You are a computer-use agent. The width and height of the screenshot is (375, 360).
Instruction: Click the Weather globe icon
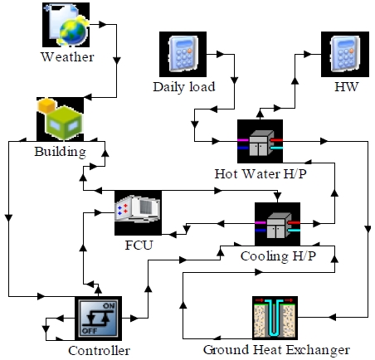point(66,25)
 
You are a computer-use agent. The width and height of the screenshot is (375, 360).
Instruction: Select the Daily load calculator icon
point(183,54)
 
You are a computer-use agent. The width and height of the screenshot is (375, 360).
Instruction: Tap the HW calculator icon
point(345,54)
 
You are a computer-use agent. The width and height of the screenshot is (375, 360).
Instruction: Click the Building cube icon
point(60,119)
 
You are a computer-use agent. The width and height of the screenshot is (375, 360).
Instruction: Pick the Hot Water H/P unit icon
point(260,141)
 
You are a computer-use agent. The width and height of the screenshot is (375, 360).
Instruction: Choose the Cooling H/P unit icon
point(277,224)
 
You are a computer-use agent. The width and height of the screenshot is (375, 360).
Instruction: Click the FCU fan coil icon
point(138,213)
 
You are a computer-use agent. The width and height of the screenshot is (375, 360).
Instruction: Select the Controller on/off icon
point(98,319)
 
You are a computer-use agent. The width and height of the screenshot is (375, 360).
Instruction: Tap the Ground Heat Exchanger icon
point(275,318)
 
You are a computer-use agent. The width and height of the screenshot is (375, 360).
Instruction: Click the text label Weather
point(67,57)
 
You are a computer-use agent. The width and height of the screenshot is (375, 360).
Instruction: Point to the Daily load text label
point(184,87)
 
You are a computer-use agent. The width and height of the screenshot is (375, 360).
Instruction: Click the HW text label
point(346,86)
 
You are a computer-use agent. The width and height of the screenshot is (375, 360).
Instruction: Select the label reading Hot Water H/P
point(261,173)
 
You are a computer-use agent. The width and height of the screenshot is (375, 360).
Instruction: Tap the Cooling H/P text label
point(278,256)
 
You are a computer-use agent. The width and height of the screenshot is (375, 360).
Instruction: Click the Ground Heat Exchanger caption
point(276,350)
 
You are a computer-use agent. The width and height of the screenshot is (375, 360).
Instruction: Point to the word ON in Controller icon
point(109,306)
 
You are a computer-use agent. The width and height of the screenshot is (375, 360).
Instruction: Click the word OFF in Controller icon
point(90,331)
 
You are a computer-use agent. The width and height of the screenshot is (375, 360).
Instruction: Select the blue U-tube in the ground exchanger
point(274,318)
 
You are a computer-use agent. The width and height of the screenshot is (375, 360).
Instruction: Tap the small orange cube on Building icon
point(47,105)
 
